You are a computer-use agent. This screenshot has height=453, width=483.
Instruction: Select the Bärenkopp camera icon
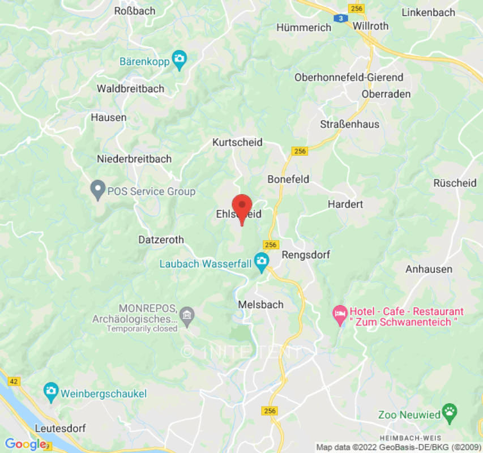[179, 59]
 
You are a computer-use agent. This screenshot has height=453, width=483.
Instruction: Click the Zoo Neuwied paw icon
[450, 414]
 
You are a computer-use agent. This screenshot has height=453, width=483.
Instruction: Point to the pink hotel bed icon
[340, 315]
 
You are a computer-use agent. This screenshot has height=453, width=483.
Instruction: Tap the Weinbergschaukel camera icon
[51, 392]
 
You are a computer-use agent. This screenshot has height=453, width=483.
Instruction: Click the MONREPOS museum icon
[187, 314]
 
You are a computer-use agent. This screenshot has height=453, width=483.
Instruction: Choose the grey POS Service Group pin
[98, 189]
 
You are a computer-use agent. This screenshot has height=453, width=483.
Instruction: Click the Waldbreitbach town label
[130, 89]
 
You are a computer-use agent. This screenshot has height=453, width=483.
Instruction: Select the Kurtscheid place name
[237, 143]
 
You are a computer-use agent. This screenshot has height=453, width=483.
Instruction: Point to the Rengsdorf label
[306, 255]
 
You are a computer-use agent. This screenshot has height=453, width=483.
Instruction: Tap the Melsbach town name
[260, 305]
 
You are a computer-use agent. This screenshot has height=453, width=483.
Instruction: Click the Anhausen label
[429, 270]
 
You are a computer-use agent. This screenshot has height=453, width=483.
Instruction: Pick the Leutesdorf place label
[60, 428]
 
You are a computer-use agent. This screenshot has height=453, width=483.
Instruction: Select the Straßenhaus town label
[349, 124]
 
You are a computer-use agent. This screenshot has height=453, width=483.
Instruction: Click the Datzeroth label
[161, 240]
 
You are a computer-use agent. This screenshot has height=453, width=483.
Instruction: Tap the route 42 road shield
[14, 382]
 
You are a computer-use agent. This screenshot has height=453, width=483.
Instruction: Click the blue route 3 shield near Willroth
[340, 18]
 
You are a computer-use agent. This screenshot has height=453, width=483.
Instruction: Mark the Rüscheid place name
[455, 183]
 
